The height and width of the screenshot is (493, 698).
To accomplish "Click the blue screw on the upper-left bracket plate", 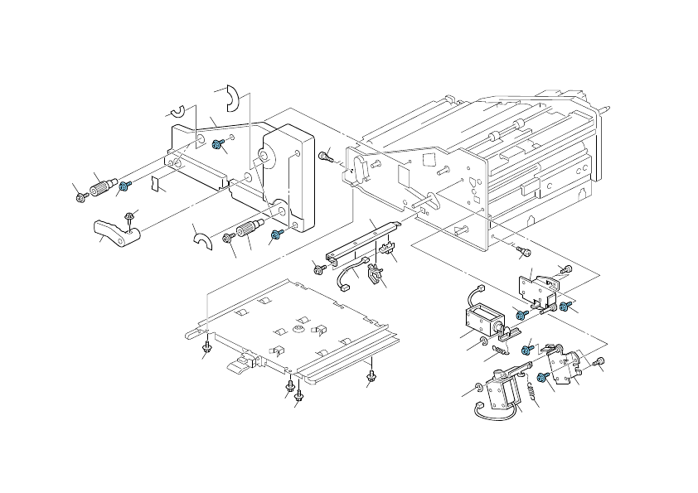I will (217, 145).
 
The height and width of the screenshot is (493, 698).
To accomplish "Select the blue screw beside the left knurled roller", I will (126, 186).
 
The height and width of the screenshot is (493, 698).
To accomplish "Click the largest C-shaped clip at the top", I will (234, 98).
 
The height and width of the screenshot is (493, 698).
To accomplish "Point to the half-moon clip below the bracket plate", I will (199, 241).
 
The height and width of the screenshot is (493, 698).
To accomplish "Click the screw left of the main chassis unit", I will (327, 154).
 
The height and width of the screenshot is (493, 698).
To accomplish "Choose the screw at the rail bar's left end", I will (318, 268).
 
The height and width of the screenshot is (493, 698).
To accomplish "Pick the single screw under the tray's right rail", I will (371, 380).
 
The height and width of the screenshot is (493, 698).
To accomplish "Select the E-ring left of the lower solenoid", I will (480, 389).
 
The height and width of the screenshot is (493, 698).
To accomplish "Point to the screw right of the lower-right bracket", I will (600, 361).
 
